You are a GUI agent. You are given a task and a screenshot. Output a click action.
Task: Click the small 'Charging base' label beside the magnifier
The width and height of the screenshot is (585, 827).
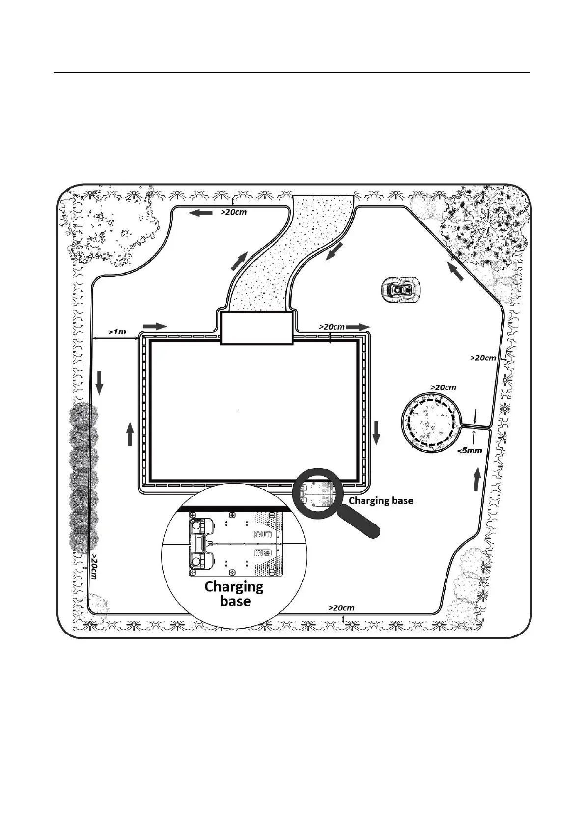tap(381, 501)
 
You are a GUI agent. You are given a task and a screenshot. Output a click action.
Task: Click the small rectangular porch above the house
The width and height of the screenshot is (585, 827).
tap(256, 327)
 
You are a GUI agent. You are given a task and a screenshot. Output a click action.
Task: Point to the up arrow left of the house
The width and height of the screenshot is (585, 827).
tap(130, 434)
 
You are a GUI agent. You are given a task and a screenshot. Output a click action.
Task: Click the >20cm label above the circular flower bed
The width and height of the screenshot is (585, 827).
tap(443, 387)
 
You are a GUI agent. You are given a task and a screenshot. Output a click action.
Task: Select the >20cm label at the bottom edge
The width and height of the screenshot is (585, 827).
tap(341, 608)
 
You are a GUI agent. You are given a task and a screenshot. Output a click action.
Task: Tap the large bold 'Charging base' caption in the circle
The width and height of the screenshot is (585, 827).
tap(234, 594)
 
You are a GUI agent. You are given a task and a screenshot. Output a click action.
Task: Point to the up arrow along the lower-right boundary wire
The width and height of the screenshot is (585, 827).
tap(476, 479)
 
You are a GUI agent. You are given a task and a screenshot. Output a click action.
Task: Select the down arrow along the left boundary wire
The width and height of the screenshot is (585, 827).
tap(99, 383)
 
